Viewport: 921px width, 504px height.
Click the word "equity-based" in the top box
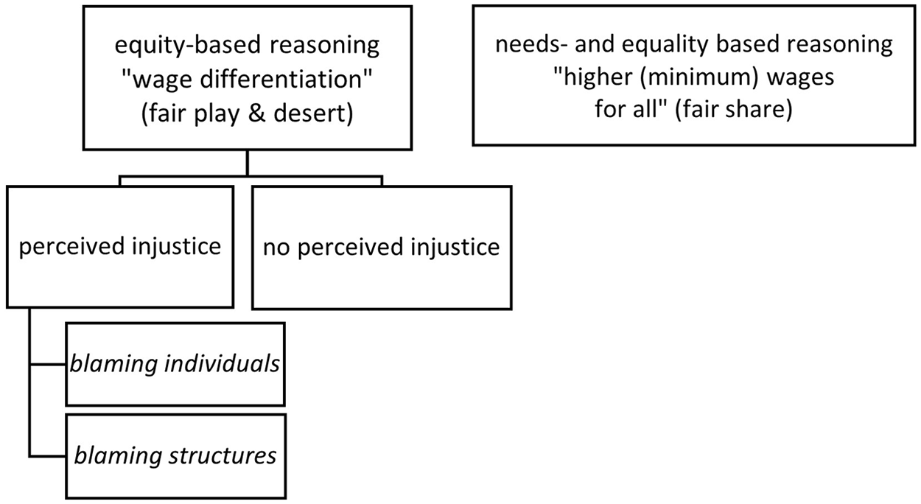click(x=183, y=45)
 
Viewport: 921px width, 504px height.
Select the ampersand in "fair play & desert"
click(x=256, y=113)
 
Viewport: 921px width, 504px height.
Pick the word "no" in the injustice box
click(x=276, y=248)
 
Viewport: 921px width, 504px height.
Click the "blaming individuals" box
click(x=175, y=364)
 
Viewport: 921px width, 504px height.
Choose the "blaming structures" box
click(x=176, y=456)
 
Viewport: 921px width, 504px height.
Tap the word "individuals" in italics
click(x=222, y=364)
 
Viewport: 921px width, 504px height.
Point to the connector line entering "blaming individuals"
click(x=48, y=364)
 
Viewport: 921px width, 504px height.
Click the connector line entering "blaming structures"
click(x=48, y=456)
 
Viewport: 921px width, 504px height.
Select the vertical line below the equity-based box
click(x=247, y=163)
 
